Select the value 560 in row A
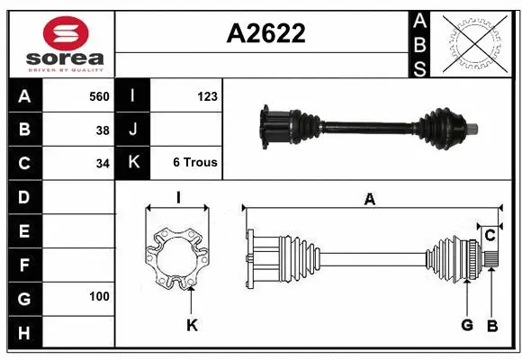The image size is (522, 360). (x=98, y=95)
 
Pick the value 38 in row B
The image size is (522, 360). (x=103, y=130)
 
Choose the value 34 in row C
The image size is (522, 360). (x=103, y=164)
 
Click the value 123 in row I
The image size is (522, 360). (x=207, y=95)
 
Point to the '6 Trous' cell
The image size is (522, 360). (x=195, y=163)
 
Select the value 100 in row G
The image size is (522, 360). (x=99, y=296)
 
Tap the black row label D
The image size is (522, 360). (x=24, y=196)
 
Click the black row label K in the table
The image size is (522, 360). (x=133, y=163)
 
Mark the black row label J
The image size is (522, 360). (x=133, y=130)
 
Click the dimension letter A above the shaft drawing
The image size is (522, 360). (x=369, y=200)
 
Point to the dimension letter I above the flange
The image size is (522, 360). (x=178, y=197)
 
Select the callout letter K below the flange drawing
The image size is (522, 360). (x=192, y=326)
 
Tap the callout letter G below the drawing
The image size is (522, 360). (x=467, y=325)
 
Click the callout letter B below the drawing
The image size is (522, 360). (x=492, y=325)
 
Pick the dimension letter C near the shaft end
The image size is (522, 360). (x=490, y=236)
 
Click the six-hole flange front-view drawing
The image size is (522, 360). (x=177, y=258)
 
